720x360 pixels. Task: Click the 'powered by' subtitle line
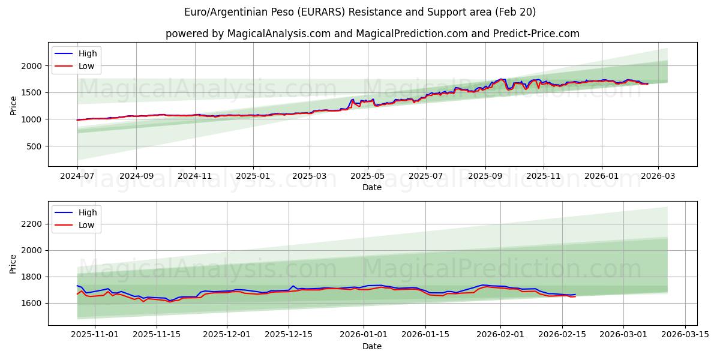tap(372, 34)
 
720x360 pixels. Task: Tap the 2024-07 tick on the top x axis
tap(77, 176)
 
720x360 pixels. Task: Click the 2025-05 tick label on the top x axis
tap(367, 176)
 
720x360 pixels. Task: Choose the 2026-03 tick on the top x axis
tap(658, 176)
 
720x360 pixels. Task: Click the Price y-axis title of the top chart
tap(13, 105)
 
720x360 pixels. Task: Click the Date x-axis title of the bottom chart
tap(372, 347)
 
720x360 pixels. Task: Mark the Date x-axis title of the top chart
tap(372, 187)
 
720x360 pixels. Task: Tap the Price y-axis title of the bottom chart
tap(13, 264)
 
